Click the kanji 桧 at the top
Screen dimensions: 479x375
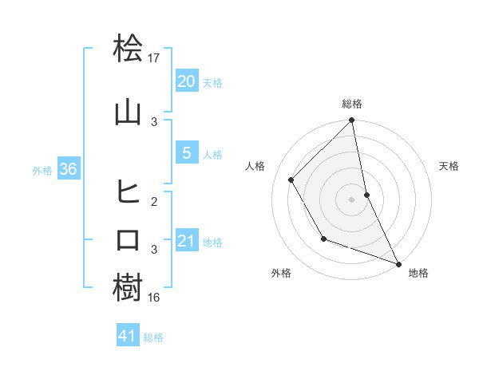129,49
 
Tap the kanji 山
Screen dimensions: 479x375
129,112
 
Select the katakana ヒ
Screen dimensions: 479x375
129,191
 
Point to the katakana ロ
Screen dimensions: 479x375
129,240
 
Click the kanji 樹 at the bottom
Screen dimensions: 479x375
129,288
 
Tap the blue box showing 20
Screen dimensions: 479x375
187,81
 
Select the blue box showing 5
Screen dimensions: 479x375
187,153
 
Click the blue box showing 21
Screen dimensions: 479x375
187,241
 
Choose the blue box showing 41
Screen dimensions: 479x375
128,336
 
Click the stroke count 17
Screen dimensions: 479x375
155,57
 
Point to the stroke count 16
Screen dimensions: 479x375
155,297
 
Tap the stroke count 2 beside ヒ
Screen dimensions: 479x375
155,202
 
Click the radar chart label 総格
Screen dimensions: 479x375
352,104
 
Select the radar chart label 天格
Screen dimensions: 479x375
449,166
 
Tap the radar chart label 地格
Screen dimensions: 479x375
418,273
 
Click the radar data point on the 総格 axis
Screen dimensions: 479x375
351,121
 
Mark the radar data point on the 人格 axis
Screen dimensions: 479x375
291,180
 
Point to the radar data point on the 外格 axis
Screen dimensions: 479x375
323,239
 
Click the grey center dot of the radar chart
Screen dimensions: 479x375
352,199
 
